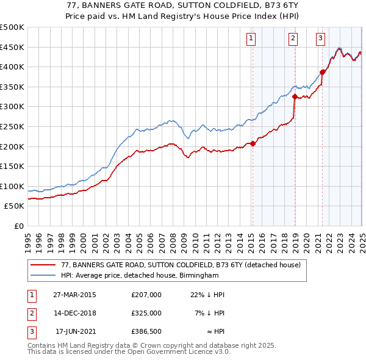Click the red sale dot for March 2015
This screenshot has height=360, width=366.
(x=253, y=144)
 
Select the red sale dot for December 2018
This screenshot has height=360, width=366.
(x=295, y=96)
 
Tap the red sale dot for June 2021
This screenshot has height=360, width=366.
(x=323, y=72)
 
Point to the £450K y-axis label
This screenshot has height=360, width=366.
(x=12, y=47)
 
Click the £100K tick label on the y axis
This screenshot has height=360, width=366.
(x=12, y=186)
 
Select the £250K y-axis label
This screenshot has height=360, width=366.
(x=12, y=126)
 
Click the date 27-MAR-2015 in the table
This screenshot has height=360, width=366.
(x=75, y=295)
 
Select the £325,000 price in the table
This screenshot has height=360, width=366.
(x=146, y=313)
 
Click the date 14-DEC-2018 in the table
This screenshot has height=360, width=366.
(x=75, y=313)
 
